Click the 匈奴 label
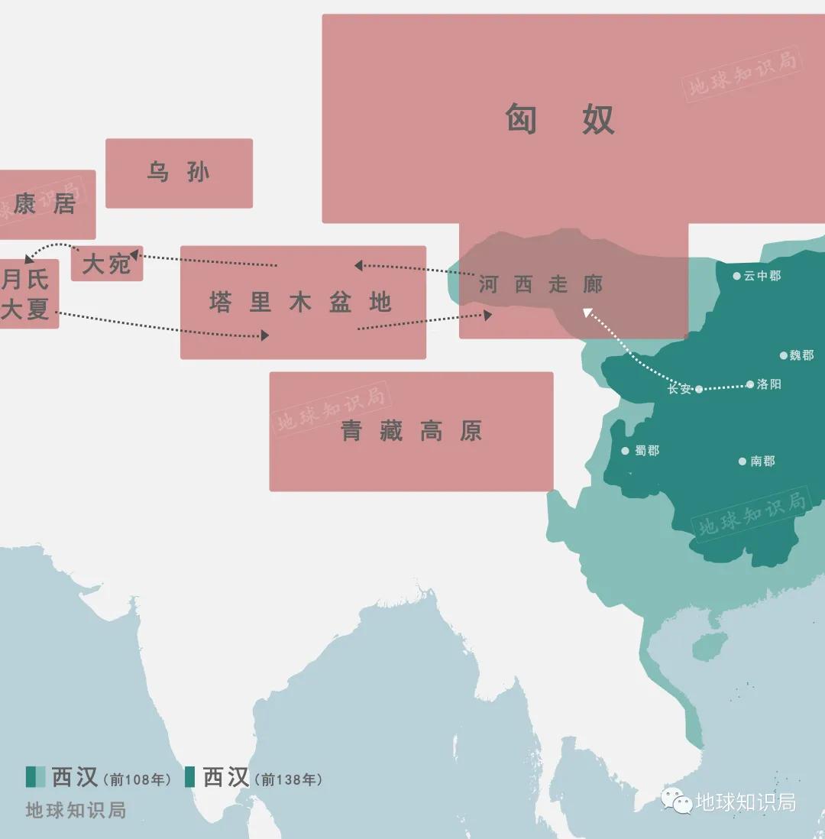560,119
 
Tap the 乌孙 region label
178,173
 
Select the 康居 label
44,204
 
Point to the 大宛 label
106,264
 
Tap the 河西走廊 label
541,285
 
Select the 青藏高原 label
411,432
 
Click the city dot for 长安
699,389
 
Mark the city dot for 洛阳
750,384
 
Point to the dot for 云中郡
737,276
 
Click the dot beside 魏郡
784,355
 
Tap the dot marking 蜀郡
626,451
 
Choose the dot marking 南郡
742,461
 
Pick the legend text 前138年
290,779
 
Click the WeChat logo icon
677,801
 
